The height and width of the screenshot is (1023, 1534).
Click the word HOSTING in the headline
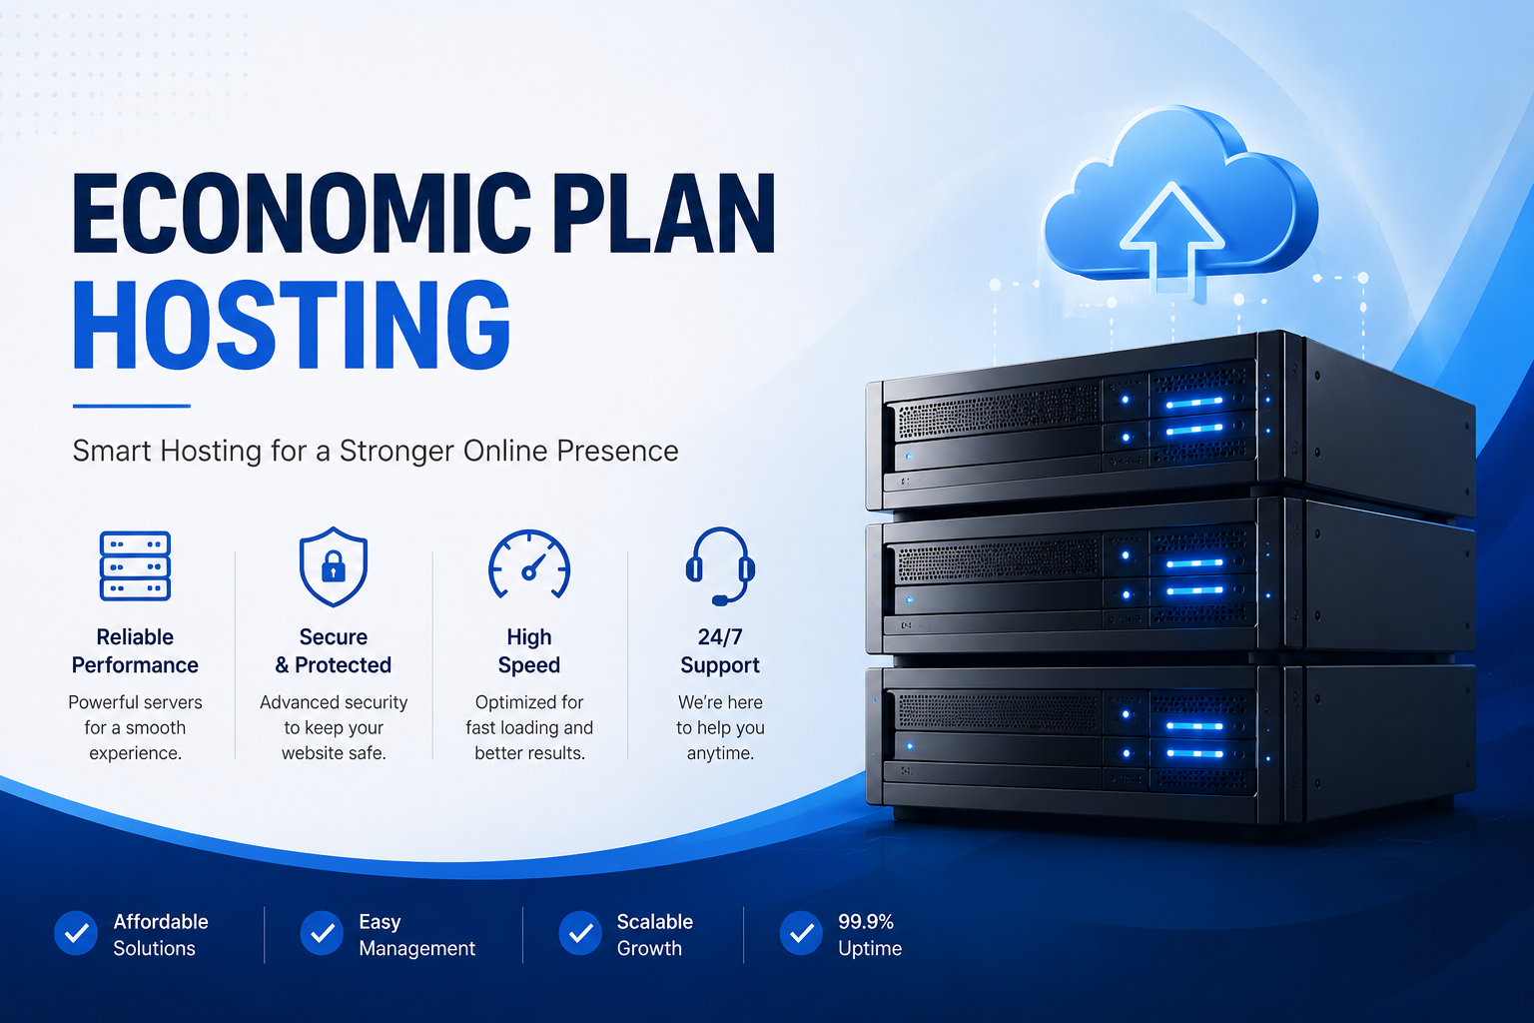point(292,325)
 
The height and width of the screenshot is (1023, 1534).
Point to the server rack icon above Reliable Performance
point(135,566)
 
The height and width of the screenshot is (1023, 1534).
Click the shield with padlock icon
point(334,566)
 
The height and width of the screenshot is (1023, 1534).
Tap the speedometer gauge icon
point(529,564)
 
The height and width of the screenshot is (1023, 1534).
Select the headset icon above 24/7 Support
point(720,566)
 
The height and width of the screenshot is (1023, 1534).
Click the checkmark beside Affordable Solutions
point(76,932)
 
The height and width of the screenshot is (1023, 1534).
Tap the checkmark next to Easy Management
point(322,932)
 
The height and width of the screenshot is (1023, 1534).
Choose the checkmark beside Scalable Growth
point(580,932)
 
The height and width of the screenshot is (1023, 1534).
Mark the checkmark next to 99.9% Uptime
point(801,932)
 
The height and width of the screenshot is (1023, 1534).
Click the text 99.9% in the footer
point(866,921)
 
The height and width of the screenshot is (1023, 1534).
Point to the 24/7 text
point(720,637)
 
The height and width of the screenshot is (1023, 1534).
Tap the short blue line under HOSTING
point(132,407)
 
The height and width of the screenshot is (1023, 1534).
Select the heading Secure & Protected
point(334,651)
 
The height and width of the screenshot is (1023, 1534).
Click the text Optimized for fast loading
point(529,714)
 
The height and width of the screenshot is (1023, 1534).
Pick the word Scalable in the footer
point(655,921)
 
